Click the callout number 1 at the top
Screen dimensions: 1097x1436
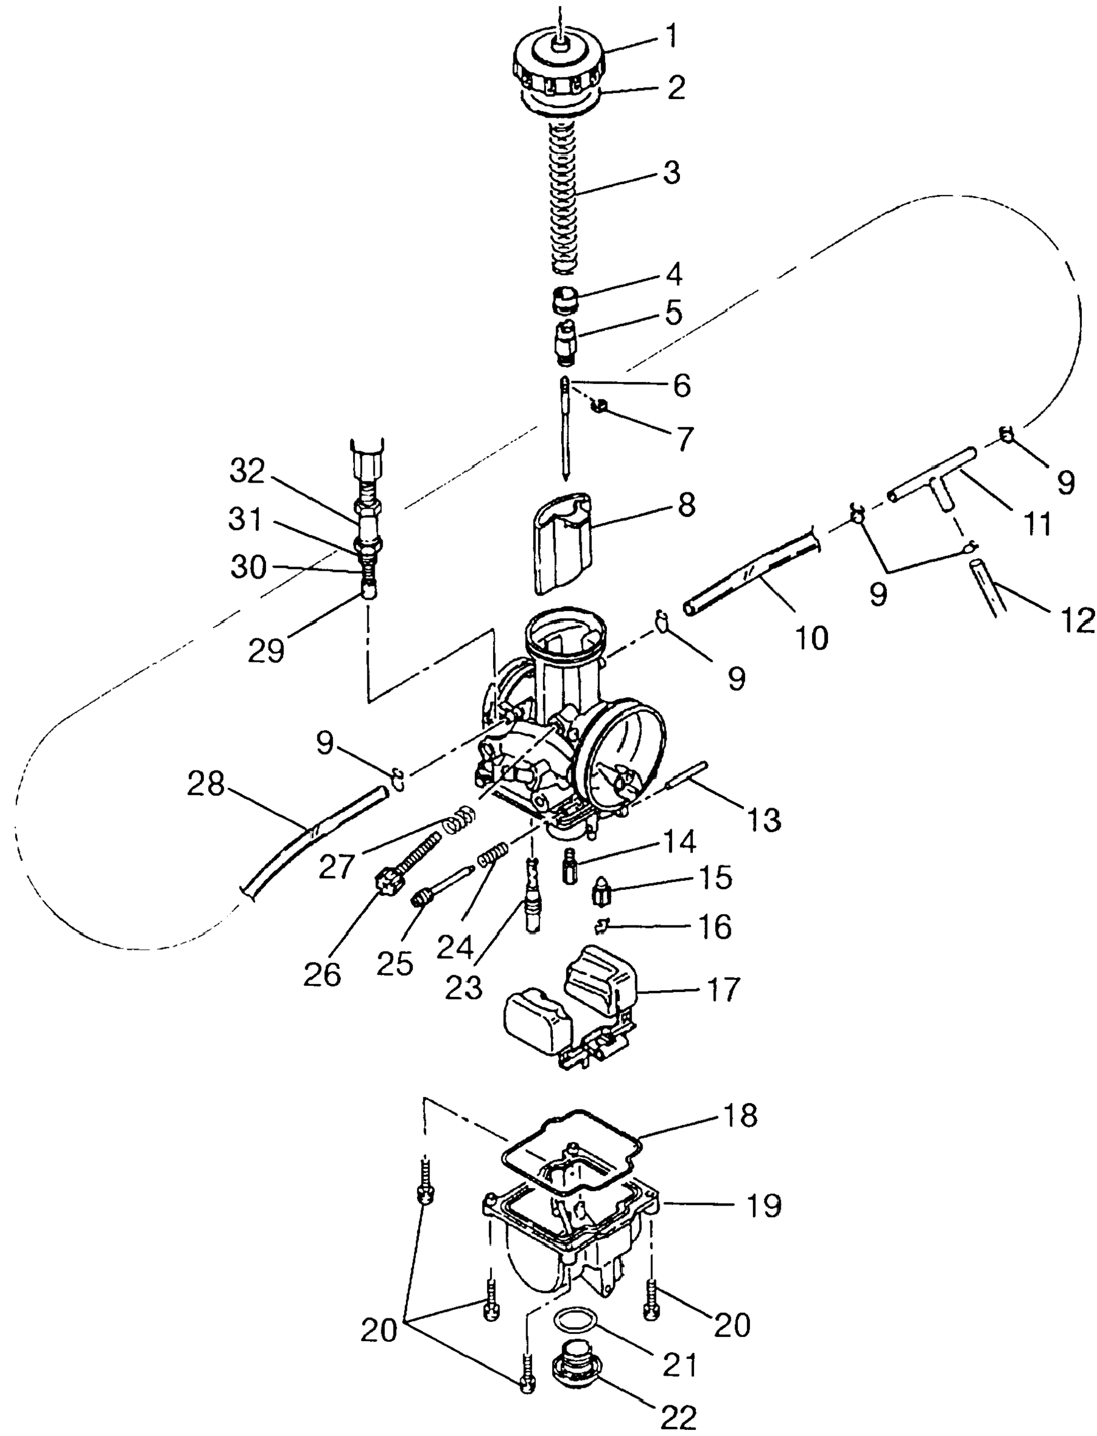point(670,37)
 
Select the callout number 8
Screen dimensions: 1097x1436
point(685,506)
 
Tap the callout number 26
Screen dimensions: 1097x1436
point(323,974)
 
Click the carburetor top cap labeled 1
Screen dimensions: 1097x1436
point(559,69)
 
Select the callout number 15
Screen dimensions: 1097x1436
point(714,878)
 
